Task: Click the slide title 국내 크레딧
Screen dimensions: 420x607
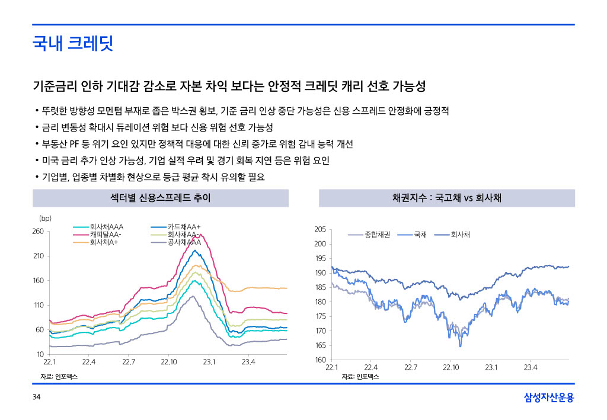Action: point(73,43)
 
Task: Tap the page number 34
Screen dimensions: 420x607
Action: point(36,397)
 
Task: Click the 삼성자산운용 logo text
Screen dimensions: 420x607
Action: point(549,397)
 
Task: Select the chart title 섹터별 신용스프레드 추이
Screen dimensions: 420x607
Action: point(160,198)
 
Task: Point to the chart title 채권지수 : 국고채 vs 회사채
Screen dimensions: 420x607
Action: point(446,198)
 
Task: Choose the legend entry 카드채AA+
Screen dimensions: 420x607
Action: point(184,227)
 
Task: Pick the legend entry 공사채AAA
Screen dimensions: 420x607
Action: point(184,242)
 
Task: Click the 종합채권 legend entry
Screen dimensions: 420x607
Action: point(377,235)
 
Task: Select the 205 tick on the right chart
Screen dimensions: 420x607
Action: point(320,229)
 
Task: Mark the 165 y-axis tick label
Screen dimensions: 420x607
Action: point(320,345)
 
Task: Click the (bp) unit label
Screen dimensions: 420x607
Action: point(45,218)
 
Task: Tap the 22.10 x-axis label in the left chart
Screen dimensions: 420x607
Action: point(169,362)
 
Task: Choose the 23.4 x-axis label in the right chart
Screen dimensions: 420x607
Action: point(531,367)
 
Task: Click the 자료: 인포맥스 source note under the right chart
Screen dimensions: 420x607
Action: point(360,377)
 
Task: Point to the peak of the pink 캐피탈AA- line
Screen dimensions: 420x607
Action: point(194,235)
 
